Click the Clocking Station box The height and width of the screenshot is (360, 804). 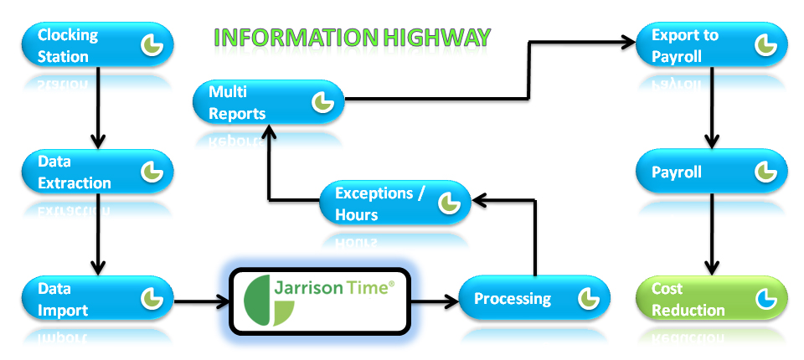tap(96, 46)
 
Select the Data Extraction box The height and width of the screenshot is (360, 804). tap(96, 172)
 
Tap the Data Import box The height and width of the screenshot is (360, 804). tap(96, 299)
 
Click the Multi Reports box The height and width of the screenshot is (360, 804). tap(268, 102)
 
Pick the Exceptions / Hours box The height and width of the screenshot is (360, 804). tap(394, 203)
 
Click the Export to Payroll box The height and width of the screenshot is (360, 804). tap(711, 46)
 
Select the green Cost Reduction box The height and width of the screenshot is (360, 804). tap(711, 299)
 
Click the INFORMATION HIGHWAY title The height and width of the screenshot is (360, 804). tap(352, 37)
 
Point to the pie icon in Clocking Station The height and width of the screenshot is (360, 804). tap(152, 45)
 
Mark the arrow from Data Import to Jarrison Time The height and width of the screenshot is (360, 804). tap(201, 299)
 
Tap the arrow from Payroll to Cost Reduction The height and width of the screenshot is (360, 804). tap(711, 234)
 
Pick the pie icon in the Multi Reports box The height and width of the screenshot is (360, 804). tap(323, 102)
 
